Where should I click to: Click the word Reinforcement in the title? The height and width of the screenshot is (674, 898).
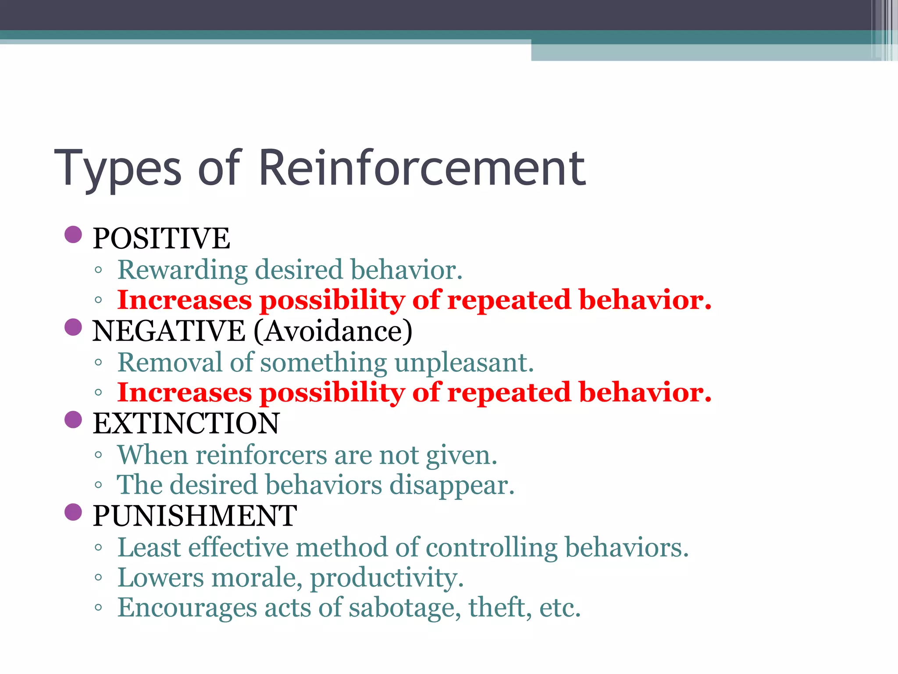click(x=422, y=168)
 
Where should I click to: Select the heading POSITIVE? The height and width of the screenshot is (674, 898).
click(x=161, y=238)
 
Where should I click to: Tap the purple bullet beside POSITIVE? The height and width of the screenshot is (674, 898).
click(x=73, y=234)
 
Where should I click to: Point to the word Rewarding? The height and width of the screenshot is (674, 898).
click(x=182, y=270)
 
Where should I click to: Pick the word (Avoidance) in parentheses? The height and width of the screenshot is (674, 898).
click(x=333, y=331)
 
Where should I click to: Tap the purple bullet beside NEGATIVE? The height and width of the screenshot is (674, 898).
click(x=73, y=327)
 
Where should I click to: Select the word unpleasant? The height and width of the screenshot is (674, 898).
click(x=464, y=363)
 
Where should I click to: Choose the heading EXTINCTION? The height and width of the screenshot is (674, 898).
click(x=186, y=423)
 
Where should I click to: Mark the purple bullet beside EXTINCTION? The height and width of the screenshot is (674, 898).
click(x=73, y=419)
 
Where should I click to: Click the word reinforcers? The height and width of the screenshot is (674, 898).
click(x=261, y=455)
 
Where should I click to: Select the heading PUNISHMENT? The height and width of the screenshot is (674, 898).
click(x=195, y=516)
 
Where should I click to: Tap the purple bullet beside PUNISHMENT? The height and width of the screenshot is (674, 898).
click(x=73, y=512)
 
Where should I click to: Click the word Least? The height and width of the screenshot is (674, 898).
click(x=149, y=548)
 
